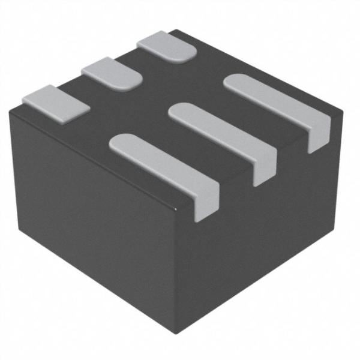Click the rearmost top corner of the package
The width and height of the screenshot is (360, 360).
coord(175,30)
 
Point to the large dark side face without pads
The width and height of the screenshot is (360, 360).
coord(90,222)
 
